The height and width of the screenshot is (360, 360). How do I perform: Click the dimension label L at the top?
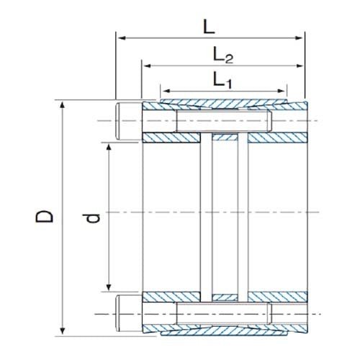click(x=209, y=27)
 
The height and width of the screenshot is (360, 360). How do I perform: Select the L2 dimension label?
click(x=222, y=54)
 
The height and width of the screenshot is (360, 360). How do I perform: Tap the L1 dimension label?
click(x=222, y=80)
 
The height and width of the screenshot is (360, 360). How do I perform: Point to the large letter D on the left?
click(x=45, y=216)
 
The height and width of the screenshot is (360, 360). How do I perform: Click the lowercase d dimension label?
click(x=91, y=216)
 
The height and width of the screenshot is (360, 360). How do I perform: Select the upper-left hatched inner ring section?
click(x=171, y=138)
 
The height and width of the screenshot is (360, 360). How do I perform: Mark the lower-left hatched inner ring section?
click(x=171, y=296)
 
